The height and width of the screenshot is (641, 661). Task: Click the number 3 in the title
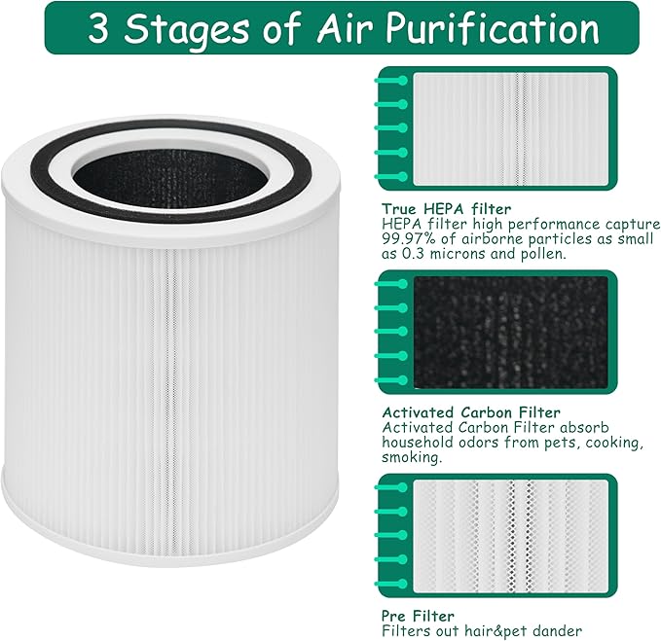[x=99, y=28]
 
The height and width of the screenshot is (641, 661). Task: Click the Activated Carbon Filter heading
[x=471, y=412]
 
